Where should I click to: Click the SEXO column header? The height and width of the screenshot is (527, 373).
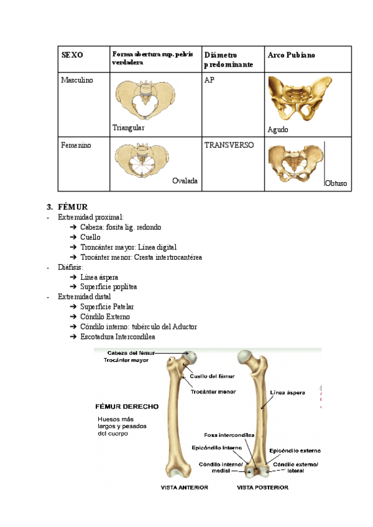click(71, 55)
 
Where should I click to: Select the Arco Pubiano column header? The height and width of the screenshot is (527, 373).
click(291, 55)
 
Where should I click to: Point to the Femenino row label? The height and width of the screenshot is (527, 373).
click(76, 145)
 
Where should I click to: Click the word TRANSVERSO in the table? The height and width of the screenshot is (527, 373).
click(229, 145)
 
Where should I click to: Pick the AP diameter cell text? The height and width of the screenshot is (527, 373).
click(209, 80)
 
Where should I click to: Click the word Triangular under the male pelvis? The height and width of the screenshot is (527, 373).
click(128, 127)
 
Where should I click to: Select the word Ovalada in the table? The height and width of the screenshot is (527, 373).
click(185, 181)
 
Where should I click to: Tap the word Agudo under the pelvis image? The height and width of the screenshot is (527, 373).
click(278, 130)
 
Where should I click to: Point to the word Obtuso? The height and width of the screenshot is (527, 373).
click(336, 184)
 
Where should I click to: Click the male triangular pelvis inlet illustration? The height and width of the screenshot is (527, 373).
click(144, 99)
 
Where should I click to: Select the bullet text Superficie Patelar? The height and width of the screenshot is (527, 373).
click(107, 306)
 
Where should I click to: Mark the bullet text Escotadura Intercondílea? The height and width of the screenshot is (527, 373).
click(117, 336)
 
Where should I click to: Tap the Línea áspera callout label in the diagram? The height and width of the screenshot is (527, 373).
click(287, 393)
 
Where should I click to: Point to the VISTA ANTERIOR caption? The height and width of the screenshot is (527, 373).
click(184, 488)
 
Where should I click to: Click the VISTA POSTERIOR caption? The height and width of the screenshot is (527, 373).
click(262, 488)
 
